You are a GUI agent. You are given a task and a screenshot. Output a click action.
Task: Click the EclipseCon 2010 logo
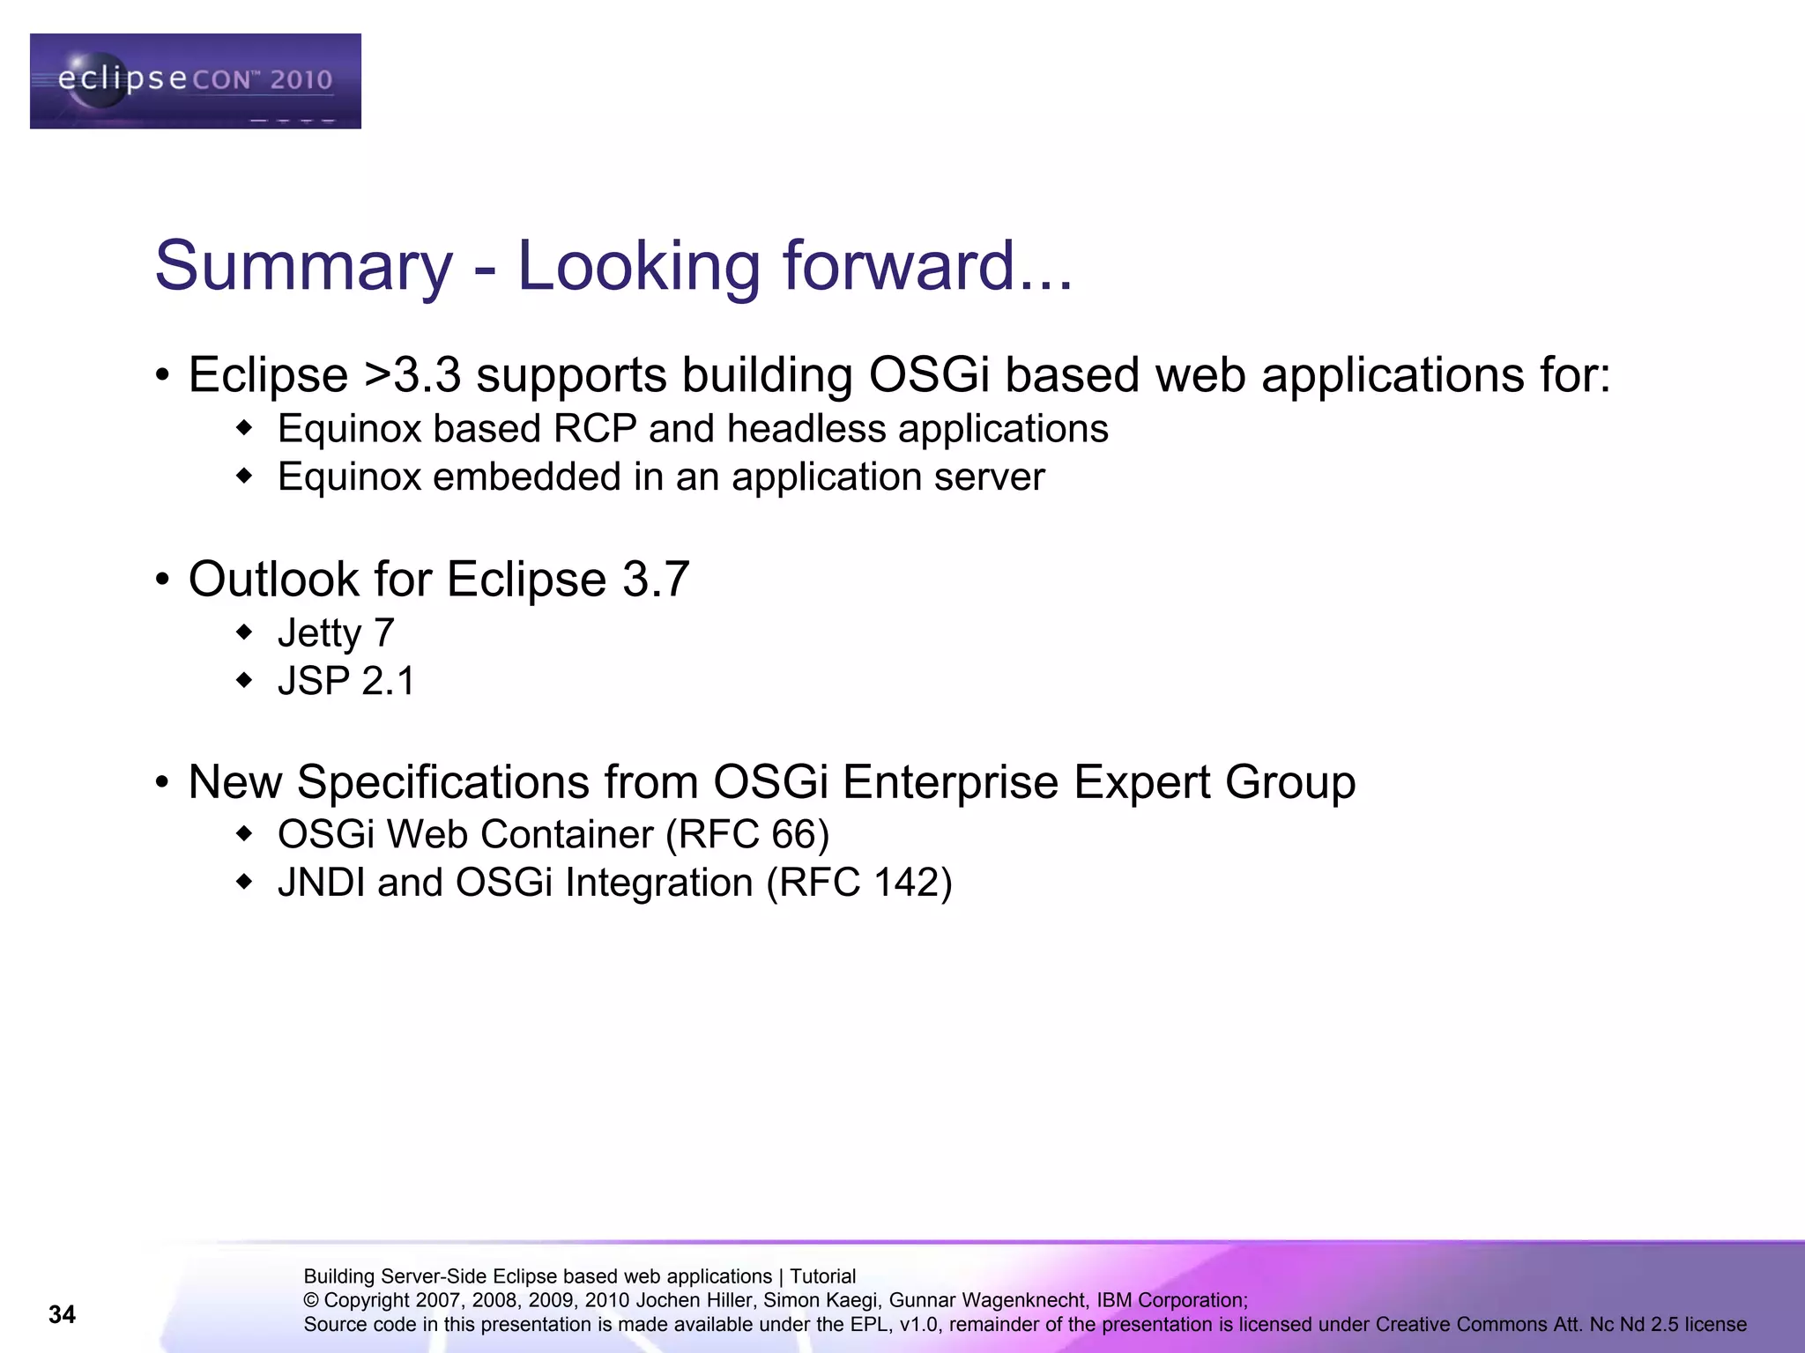(195, 81)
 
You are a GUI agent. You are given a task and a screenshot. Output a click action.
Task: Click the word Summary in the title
(303, 266)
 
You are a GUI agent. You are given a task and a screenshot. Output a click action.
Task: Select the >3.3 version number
(412, 375)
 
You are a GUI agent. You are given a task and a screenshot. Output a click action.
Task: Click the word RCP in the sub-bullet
(594, 429)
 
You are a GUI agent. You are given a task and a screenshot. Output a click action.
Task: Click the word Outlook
(274, 580)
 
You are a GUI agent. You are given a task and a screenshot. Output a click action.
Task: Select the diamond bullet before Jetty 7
(245, 632)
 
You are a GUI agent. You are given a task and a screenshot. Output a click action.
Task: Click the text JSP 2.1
(345, 681)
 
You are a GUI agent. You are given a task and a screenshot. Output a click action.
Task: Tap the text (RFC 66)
(747, 834)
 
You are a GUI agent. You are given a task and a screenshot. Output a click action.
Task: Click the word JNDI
(321, 883)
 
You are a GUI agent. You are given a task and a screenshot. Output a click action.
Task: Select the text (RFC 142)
(858, 883)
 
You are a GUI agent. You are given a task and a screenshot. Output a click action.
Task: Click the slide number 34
(62, 1314)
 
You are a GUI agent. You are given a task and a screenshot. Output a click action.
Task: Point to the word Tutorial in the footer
(822, 1276)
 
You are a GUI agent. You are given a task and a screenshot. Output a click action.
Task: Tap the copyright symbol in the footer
(311, 1301)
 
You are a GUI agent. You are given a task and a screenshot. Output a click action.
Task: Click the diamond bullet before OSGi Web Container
(245, 834)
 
